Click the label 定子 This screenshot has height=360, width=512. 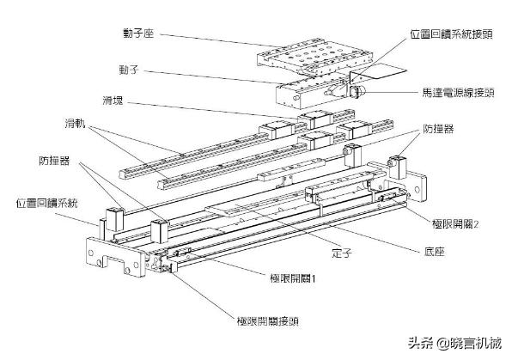[343, 253]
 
